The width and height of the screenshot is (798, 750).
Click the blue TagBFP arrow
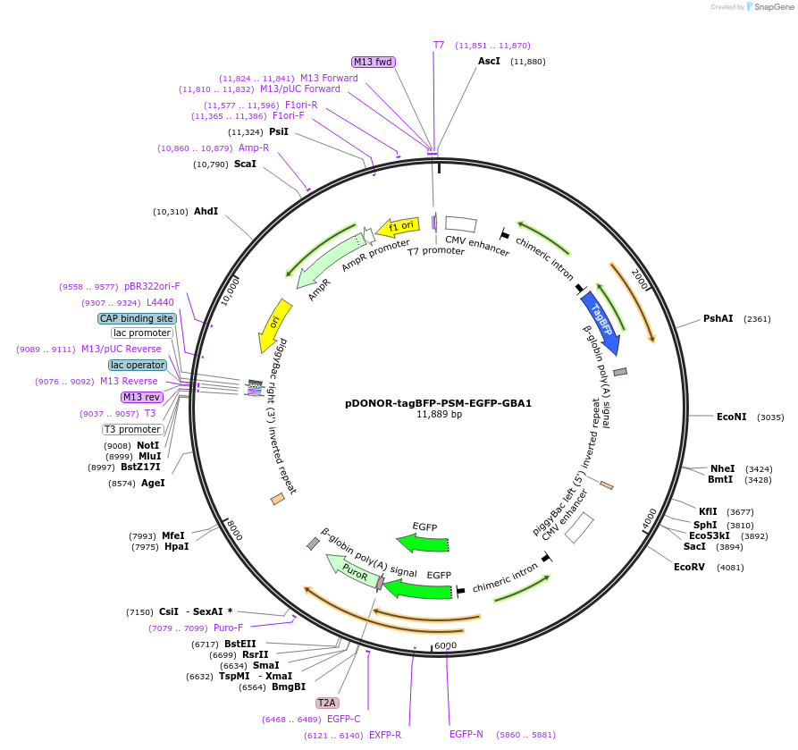(601, 323)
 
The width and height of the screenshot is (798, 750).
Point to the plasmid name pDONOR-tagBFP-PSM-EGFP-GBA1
(438, 403)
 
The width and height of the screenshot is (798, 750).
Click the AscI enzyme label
(489, 61)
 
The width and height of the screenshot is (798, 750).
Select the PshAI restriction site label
(718, 319)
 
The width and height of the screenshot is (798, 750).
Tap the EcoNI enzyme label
(731, 417)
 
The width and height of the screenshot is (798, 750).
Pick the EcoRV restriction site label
(689, 568)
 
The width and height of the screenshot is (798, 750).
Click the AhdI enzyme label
(206, 211)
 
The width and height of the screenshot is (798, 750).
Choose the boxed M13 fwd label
(373, 62)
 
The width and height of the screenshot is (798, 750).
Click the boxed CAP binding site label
(137, 319)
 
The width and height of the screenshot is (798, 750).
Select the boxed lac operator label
(138, 365)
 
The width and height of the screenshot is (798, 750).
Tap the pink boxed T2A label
(327, 704)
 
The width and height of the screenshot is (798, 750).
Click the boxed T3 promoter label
(133, 429)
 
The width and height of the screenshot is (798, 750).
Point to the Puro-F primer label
(228, 628)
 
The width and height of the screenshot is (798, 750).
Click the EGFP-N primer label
(466, 734)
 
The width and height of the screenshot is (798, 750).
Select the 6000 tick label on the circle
(446, 645)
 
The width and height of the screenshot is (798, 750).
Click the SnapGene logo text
(774, 7)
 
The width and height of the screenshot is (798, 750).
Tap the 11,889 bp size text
(439, 415)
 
